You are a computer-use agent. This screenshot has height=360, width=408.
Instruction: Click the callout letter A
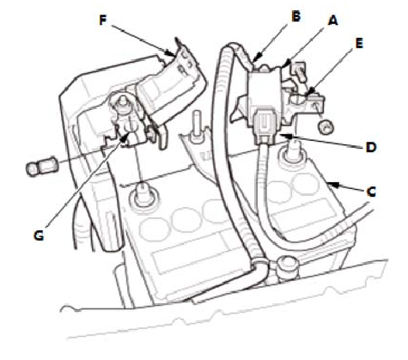(332, 21)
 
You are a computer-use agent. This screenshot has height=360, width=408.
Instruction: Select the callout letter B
(295, 16)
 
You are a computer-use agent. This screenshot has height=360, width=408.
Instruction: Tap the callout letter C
(371, 192)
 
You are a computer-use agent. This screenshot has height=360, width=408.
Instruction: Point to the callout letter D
(370, 148)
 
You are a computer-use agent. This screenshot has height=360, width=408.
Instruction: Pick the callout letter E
(359, 43)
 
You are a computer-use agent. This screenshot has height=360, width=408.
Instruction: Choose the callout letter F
(103, 21)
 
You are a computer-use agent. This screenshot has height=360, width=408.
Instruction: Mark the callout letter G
(39, 235)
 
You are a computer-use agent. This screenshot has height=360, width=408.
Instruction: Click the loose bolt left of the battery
(41, 168)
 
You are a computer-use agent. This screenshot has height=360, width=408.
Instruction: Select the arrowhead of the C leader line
(333, 185)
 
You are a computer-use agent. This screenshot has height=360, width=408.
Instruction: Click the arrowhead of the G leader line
(125, 137)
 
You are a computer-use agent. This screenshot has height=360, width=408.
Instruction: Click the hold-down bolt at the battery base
(287, 266)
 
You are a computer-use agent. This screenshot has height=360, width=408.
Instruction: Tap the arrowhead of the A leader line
(287, 63)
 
